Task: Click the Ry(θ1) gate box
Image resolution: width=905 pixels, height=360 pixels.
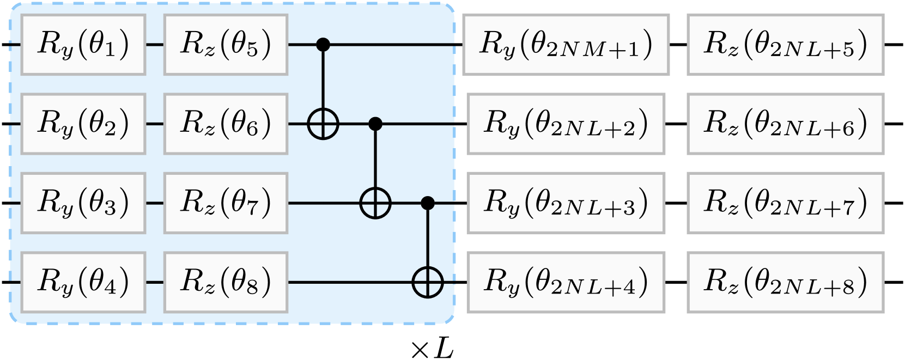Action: coord(83,45)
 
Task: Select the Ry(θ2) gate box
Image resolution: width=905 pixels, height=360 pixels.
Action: coord(83,124)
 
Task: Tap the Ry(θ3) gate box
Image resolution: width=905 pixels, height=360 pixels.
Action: coord(83,203)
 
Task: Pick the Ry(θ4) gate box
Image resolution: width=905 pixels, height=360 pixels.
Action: coord(83,282)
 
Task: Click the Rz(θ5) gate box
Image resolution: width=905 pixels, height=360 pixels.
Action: coord(226,45)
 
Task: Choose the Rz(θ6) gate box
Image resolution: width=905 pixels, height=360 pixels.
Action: coord(226,124)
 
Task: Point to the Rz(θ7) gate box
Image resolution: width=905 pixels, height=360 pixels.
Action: coord(226,203)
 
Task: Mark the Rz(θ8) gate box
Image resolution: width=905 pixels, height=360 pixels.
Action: coord(226,282)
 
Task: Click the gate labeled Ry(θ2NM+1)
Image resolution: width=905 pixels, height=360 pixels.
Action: coord(566,45)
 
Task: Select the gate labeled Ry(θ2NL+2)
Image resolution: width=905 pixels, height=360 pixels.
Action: coord(566,124)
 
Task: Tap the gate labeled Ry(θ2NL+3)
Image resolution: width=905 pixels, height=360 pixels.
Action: coord(566,203)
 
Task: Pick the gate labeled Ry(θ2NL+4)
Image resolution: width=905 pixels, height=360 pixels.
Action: coord(566,282)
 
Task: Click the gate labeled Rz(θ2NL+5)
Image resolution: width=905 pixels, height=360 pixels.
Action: coord(785,45)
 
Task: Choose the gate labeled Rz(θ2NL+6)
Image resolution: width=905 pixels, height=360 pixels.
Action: coord(785,124)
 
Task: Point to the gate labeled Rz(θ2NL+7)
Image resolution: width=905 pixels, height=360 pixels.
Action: coord(785,203)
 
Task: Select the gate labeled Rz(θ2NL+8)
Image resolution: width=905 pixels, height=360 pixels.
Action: coord(785,282)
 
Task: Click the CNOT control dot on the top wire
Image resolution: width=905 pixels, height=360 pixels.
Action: coord(324,45)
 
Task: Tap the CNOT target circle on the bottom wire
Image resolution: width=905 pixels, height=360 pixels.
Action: coord(428,283)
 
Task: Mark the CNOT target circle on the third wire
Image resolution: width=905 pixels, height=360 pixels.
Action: coord(375,204)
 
